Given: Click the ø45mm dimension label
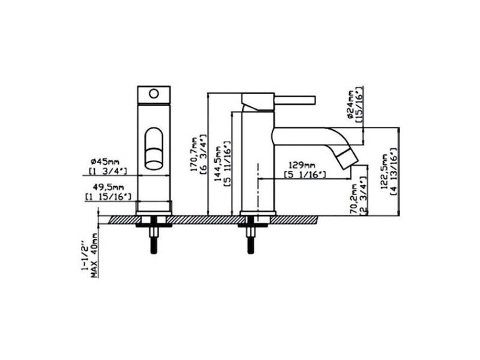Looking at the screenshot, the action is click(106, 161).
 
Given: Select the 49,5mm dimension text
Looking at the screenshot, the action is click(109, 187).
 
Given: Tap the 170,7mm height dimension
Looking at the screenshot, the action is click(194, 154).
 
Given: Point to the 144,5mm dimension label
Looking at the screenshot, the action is click(218, 164).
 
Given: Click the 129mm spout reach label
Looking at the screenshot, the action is click(302, 166).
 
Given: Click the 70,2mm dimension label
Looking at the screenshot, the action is click(355, 199).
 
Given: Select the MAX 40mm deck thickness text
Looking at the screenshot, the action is click(95, 256).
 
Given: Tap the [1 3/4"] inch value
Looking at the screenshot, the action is click(108, 171).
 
